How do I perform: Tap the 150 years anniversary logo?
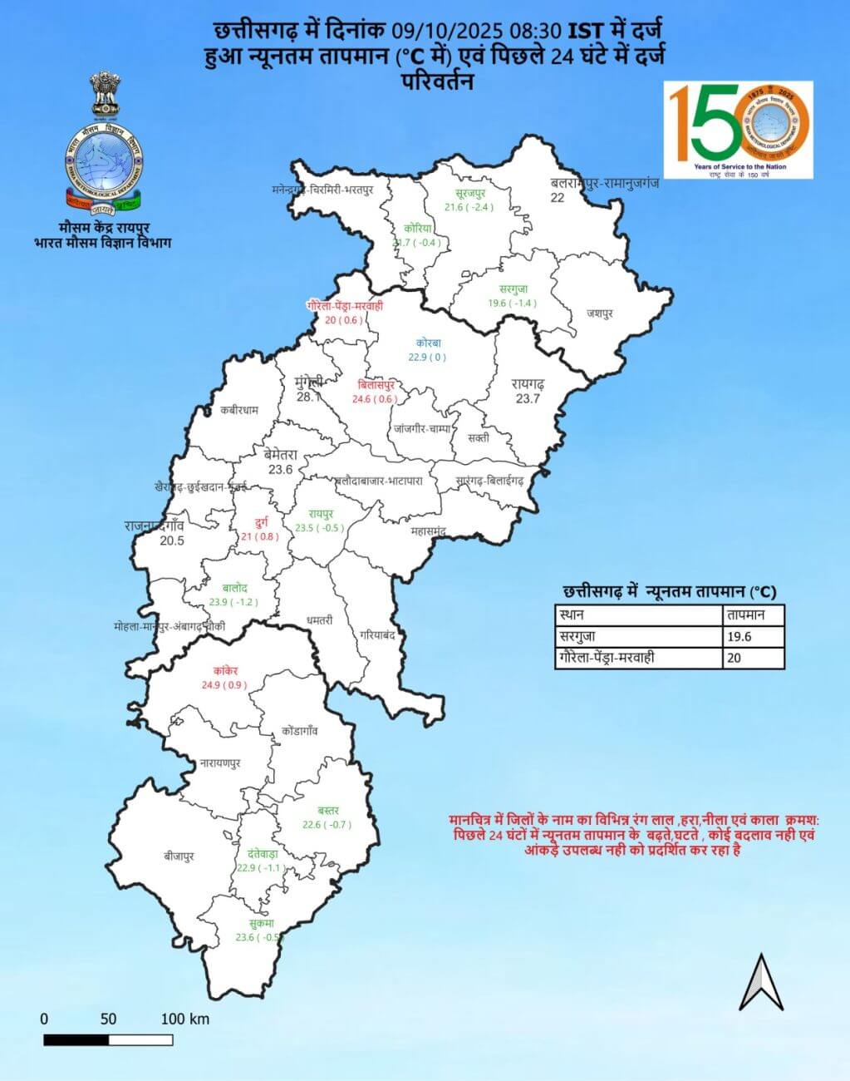pyautogui.click(x=739, y=130)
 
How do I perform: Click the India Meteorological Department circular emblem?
pyautogui.click(x=104, y=162)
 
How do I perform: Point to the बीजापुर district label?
pyautogui.click(x=179, y=856)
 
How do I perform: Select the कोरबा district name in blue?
pyautogui.click(x=427, y=343)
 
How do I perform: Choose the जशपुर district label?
pyautogui.click(x=599, y=313)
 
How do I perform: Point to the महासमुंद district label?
pyautogui.click(x=429, y=530)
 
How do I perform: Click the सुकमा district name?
pyautogui.click(x=261, y=923)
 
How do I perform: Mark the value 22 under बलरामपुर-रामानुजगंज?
pyautogui.click(x=558, y=198)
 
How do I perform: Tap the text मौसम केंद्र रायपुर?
pyautogui.click(x=103, y=227)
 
